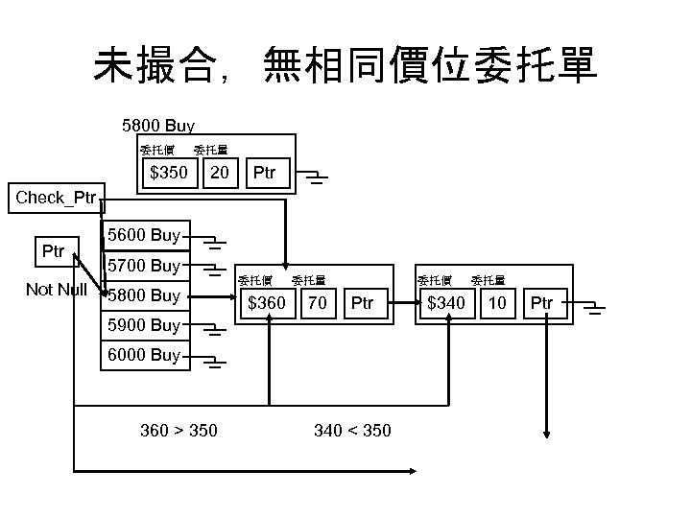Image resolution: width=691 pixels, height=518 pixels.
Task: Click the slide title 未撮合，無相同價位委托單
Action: pyautogui.click(x=345, y=65)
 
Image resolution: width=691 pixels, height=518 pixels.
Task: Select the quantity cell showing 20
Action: pyautogui.click(x=221, y=174)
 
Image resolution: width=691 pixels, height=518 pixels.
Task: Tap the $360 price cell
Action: pyautogui.click(x=267, y=304)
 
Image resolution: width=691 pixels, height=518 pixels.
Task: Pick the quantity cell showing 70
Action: pyautogui.click(x=317, y=304)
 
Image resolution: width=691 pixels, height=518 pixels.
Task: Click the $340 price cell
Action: pyautogui.click(x=446, y=304)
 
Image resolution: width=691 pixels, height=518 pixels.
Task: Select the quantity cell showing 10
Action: pyautogui.click(x=497, y=304)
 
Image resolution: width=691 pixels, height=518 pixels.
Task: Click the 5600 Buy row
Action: pyautogui.click(x=144, y=235)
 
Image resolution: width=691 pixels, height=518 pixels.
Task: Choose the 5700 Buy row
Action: pyautogui.click(x=144, y=265)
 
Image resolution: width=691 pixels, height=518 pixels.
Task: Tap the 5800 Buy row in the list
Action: pyautogui.click(x=144, y=295)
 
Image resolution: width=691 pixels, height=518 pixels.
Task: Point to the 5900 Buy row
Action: pyautogui.click(x=144, y=325)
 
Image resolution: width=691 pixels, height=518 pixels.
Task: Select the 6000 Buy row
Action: pyautogui.click(x=144, y=355)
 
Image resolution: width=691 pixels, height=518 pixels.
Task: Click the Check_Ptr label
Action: pyautogui.click(x=56, y=199)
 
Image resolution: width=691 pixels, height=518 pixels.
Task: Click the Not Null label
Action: pyautogui.click(x=57, y=290)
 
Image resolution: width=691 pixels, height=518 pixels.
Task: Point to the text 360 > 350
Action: pyautogui.click(x=179, y=431)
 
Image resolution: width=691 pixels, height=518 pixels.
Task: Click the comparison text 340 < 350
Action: pyautogui.click(x=352, y=431)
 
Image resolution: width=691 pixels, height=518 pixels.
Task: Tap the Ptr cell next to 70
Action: pyautogui.click(x=362, y=304)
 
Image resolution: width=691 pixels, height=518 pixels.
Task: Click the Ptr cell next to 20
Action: pyautogui.click(x=263, y=174)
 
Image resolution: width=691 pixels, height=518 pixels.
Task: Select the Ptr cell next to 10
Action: pyautogui.click(x=541, y=304)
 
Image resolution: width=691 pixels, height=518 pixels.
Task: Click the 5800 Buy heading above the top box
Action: pyautogui.click(x=158, y=126)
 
